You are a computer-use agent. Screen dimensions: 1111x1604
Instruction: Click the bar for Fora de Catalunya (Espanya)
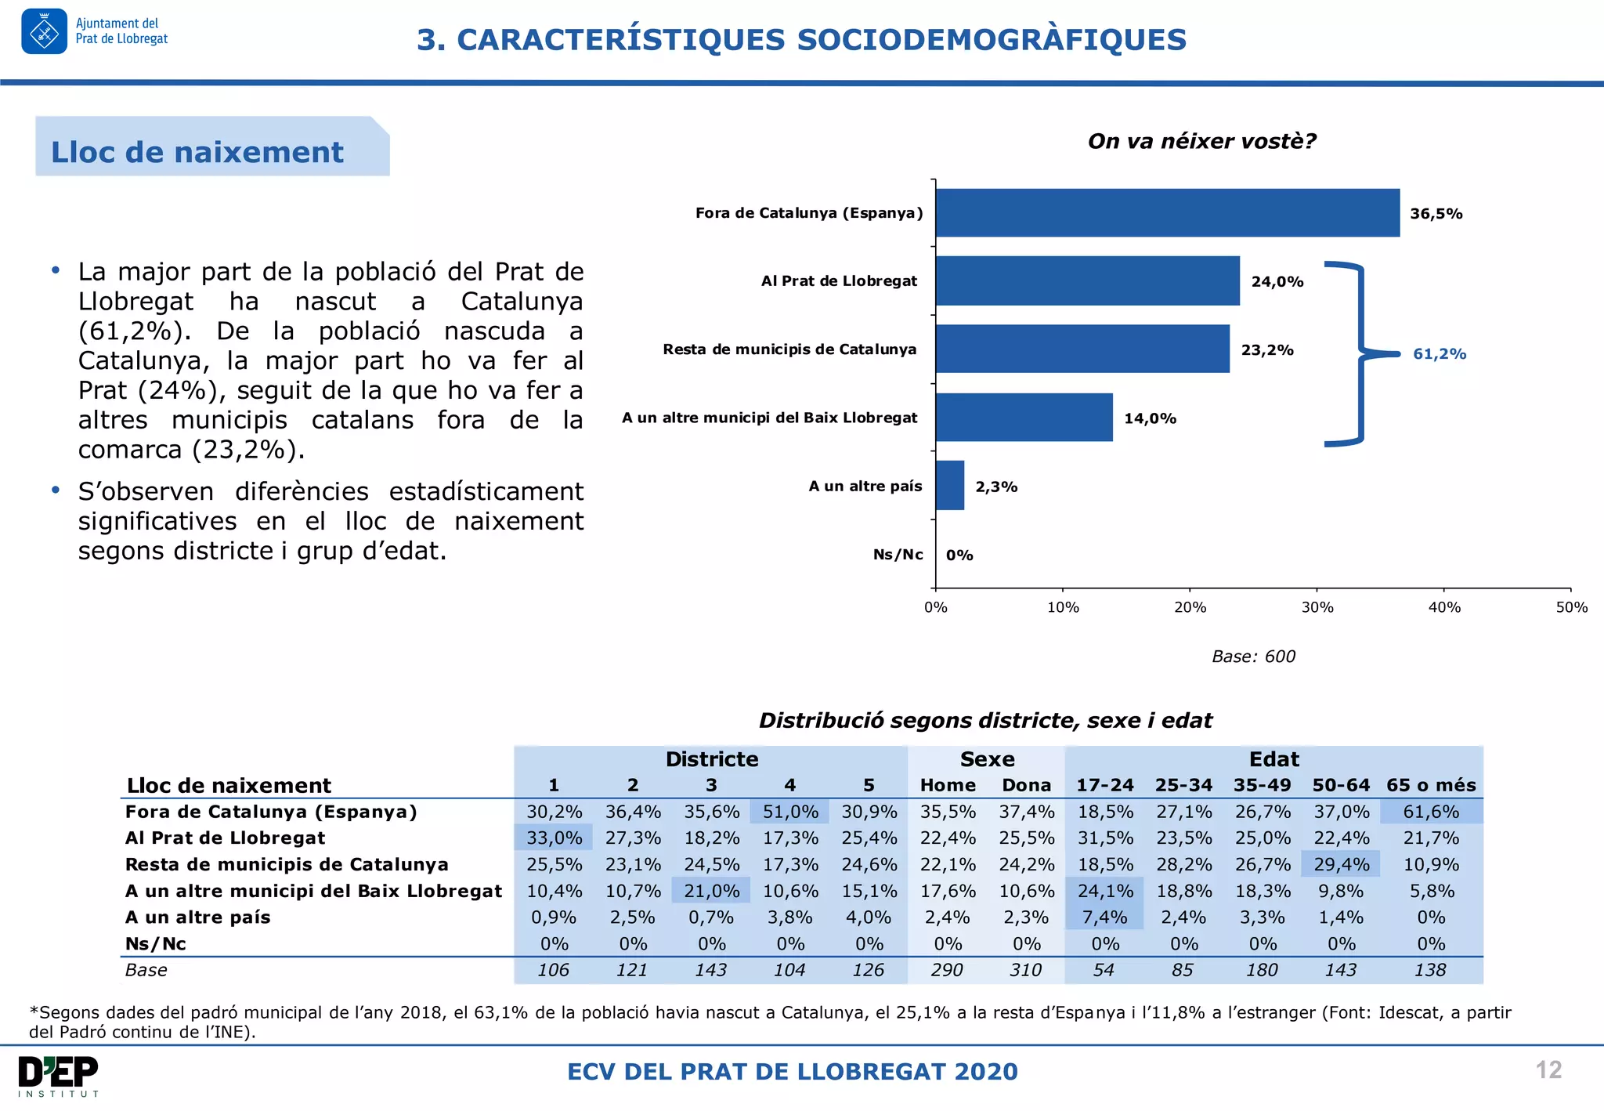pyautogui.click(x=1167, y=213)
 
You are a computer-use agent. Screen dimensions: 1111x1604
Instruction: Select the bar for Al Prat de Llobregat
pyautogui.click(x=1087, y=280)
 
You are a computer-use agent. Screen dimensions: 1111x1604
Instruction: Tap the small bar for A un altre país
pyautogui.click(x=950, y=486)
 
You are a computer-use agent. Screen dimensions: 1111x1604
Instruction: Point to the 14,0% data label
pyautogui.click(x=1150, y=418)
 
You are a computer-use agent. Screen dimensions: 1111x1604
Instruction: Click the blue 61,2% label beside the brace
pyautogui.click(x=1439, y=354)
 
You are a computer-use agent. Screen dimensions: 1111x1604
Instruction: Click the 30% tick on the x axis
pyautogui.click(x=1317, y=607)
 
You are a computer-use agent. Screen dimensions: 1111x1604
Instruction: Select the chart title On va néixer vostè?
pyautogui.click(x=1201, y=141)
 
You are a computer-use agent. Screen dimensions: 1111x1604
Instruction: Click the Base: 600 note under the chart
pyautogui.click(x=1253, y=657)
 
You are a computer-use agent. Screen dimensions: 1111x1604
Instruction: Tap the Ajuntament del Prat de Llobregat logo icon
pyautogui.click(x=44, y=32)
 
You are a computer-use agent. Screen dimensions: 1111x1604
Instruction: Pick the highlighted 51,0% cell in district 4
pyautogui.click(x=790, y=812)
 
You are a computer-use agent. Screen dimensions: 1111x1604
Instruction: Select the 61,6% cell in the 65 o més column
pyautogui.click(x=1431, y=812)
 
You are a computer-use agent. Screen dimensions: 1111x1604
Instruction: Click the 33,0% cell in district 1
pyautogui.click(x=554, y=838)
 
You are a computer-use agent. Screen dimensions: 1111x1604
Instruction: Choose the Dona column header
pyautogui.click(x=1026, y=785)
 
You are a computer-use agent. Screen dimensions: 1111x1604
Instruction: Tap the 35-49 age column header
pyautogui.click(x=1262, y=785)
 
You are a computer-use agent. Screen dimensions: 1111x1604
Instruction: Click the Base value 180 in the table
pyautogui.click(x=1262, y=970)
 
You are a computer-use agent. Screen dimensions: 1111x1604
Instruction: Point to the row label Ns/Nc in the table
pyautogui.click(x=156, y=944)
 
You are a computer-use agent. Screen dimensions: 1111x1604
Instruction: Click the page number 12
pyautogui.click(x=1548, y=1070)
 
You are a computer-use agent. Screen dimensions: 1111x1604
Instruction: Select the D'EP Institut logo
pyautogui.click(x=59, y=1076)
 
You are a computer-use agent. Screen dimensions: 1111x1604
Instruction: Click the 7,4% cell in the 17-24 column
pyautogui.click(x=1104, y=917)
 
